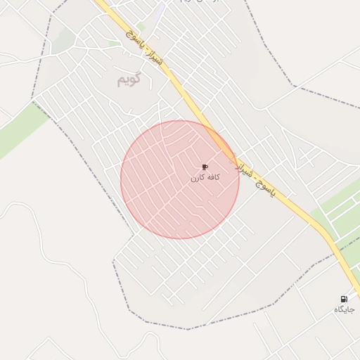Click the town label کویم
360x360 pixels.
pyautogui.click(x=130, y=79)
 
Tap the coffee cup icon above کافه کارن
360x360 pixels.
pyautogui.click(x=205, y=167)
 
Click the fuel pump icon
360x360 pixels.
pyautogui.click(x=344, y=300)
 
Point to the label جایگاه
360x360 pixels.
pyautogui.click(x=344, y=310)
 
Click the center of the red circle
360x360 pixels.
pyautogui.click(x=180, y=179)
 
